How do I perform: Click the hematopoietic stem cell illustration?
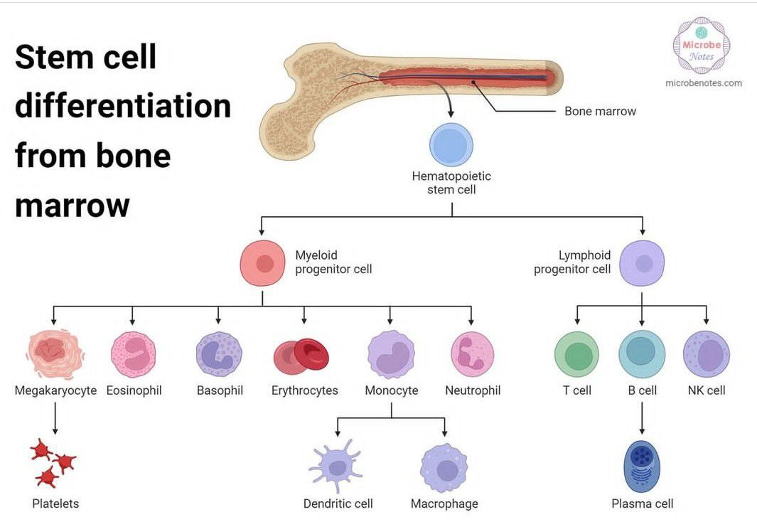click(451, 145)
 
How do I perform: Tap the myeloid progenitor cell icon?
click(262, 263)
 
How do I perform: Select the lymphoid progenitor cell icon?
click(642, 263)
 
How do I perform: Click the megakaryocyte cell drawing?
click(55, 353)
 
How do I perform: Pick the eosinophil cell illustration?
click(133, 354)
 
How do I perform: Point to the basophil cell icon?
click(219, 354)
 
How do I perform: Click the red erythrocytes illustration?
click(302, 356)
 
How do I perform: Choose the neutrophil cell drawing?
click(472, 354)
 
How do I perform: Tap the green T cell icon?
click(576, 354)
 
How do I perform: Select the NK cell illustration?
click(706, 354)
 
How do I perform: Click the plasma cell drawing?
click(642, 466)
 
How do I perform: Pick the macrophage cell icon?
click(444, 468)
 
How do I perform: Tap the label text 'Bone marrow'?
click(600, 111)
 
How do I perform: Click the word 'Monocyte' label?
click(391, 390)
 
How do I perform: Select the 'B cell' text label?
click(642, 390)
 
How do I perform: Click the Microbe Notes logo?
click(701, 45)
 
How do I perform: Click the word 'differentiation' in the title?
click(123, 106)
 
